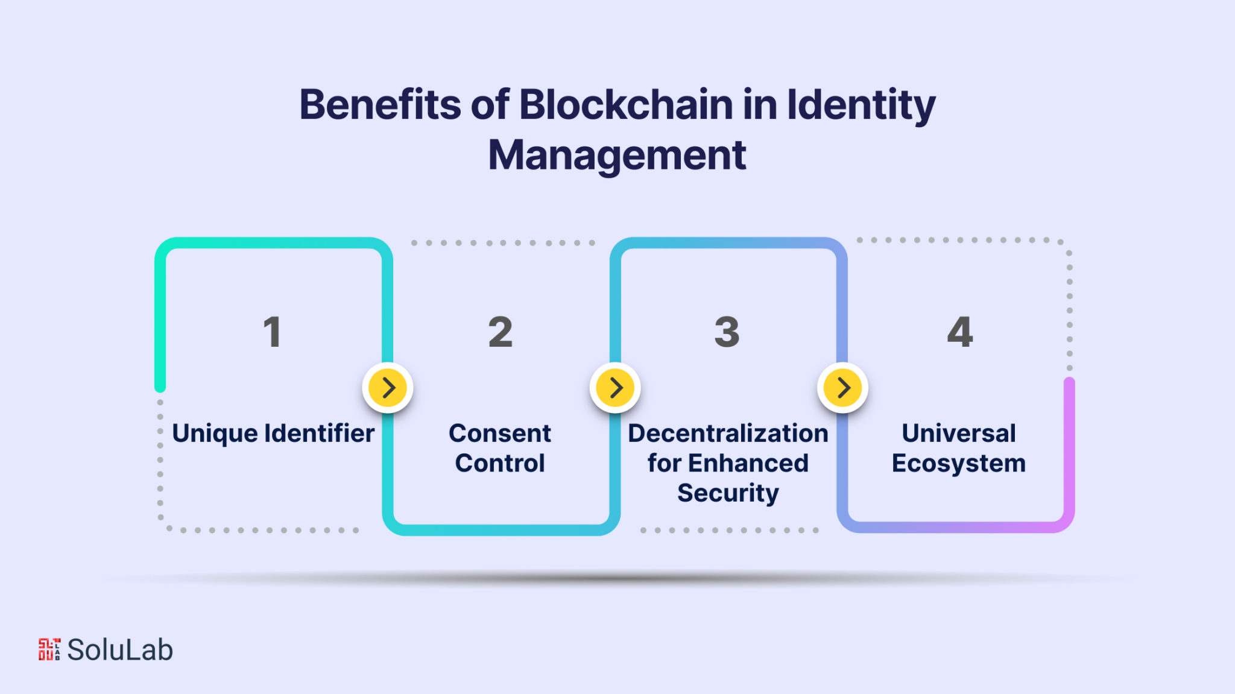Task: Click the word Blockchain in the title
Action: pos(626,105)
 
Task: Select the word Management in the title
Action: pos(617,156)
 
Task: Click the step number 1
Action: pos(272,332)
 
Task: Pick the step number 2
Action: pos(500,332)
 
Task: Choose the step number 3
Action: pos(727,332)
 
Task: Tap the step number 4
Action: pos(959,332)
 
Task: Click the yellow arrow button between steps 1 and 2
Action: pos(388,388)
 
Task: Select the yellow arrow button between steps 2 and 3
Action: pos(615,388)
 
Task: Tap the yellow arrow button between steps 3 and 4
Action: pos(842,388)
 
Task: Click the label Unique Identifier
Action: pos(273,434)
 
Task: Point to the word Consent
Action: pos(499,434)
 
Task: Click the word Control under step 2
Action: pos(500,463)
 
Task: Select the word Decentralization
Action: pos(728,434)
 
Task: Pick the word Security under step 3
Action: pos(728,493)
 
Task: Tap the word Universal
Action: pos(959,434)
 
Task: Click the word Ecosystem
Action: pos(959,463)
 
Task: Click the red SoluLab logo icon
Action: pos(49,649)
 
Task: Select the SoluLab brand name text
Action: pos(120,650)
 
